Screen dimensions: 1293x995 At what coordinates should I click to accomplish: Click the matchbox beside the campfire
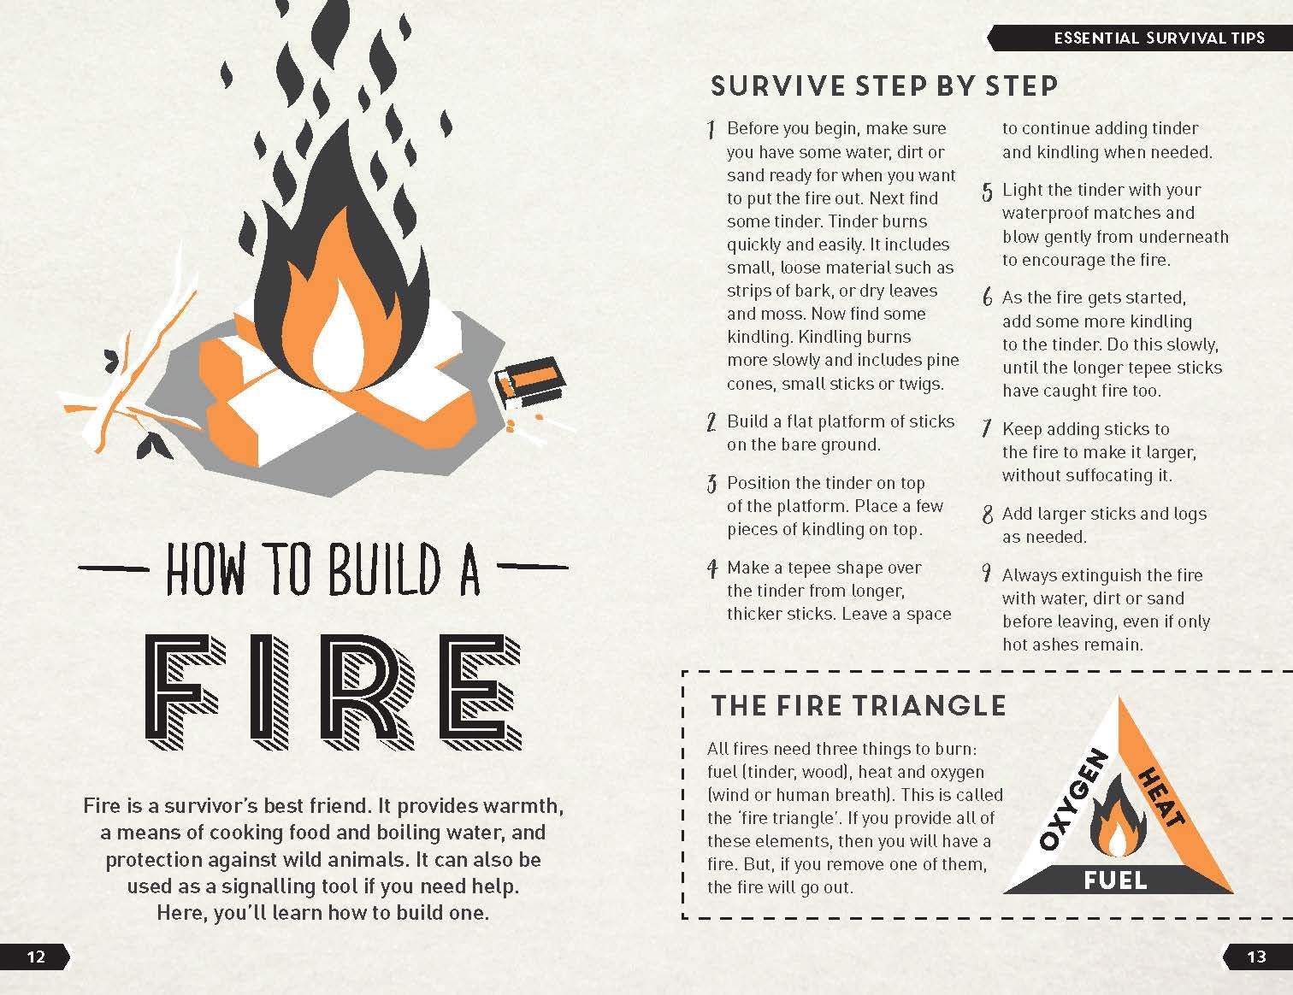click(529, 381)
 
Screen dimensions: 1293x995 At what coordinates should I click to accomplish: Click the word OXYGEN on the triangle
click(1073, 800)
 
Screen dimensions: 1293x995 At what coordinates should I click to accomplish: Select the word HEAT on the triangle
click(1161, 797)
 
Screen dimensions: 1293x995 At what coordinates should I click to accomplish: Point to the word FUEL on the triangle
click(1115, 880)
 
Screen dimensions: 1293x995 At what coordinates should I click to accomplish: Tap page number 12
click(36, 957)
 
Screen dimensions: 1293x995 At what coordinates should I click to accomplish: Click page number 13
click(1256, 957)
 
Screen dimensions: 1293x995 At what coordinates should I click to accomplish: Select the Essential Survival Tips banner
click(1139, 38)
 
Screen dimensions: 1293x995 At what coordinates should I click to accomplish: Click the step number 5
click(987, 191)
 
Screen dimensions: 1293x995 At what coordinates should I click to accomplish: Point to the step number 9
click(987, 574)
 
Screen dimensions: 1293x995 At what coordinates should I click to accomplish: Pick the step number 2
click(711, 422)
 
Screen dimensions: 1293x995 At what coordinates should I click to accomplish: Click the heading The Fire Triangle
click(858, 706)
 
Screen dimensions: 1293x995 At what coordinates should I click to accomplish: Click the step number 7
click(987, 427)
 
